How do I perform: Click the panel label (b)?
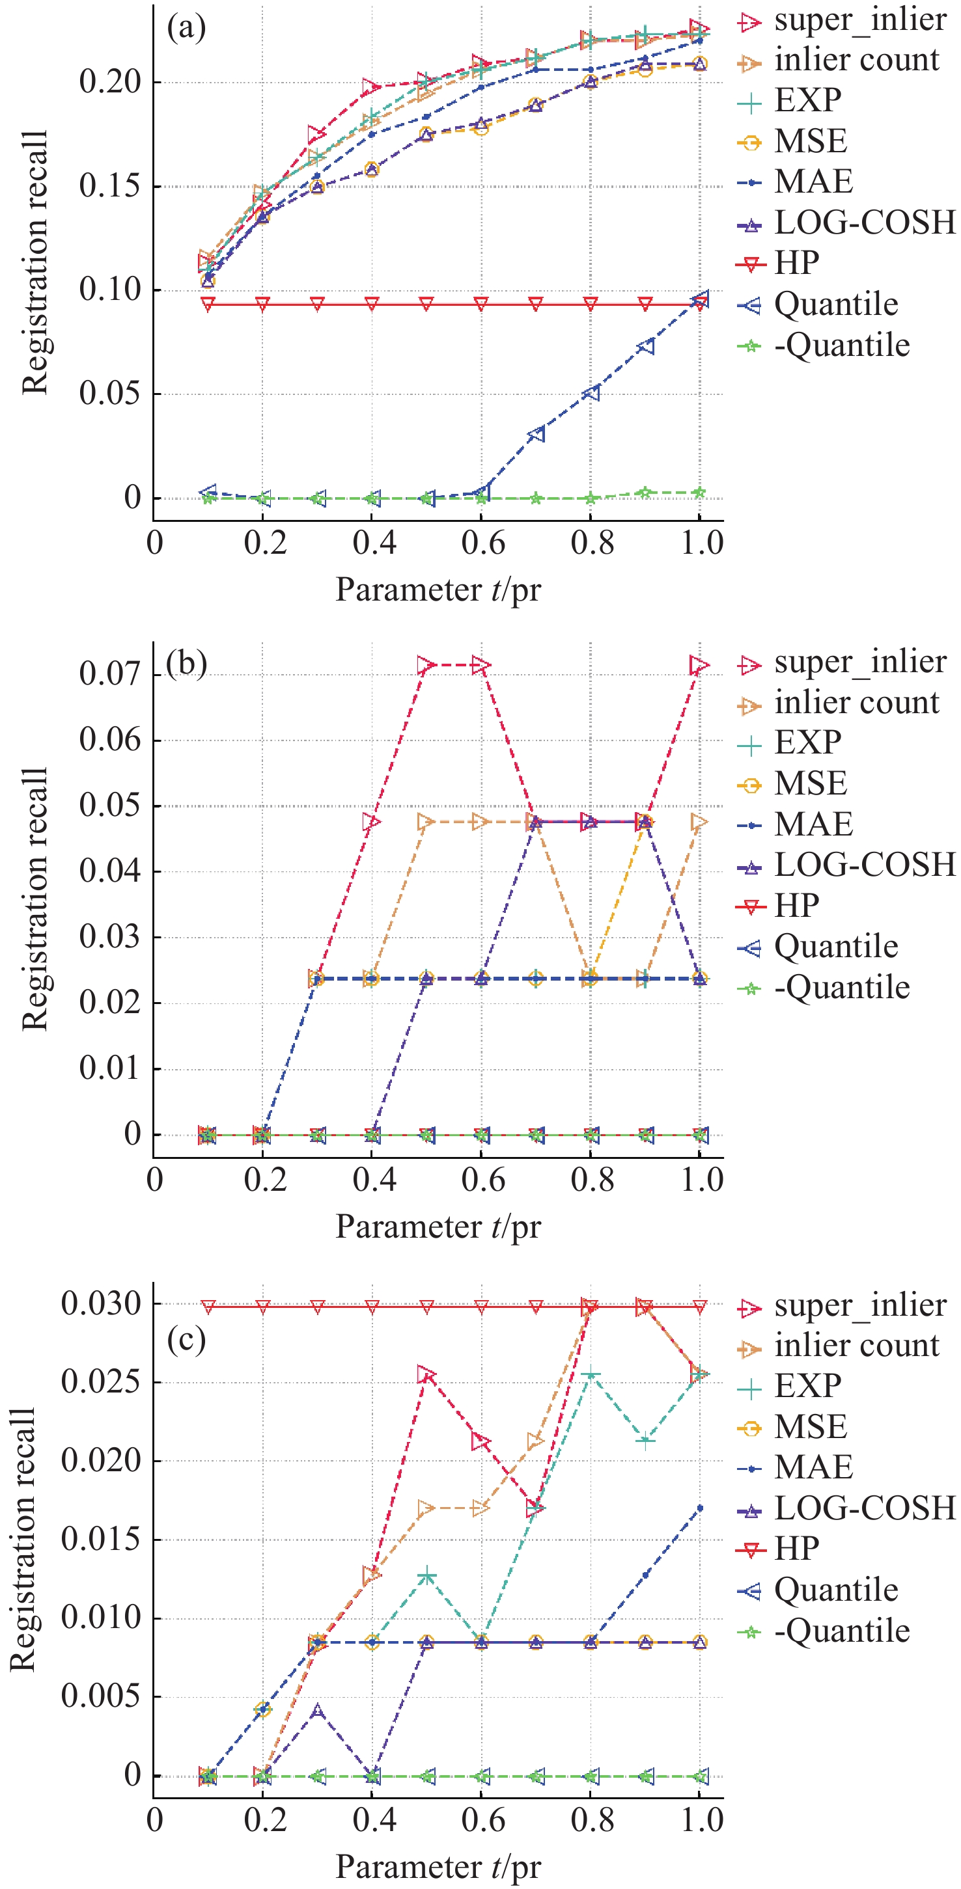tap(186, 664)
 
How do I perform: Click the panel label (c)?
tap(186, 1340)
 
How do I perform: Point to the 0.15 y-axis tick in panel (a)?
tap(109, 186)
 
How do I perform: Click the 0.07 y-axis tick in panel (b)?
tap(109, 674)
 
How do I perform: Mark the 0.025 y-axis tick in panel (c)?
tap(100, 1381)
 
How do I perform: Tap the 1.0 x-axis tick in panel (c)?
tap(702, 1820)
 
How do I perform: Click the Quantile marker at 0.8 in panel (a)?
tap(591, 393)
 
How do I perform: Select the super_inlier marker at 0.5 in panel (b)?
tap(426, 665)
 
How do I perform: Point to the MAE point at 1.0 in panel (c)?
tap(700, 1508)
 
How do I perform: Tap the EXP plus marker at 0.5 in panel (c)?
tap(426, 1575)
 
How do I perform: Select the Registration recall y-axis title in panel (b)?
tap(35, 899)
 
